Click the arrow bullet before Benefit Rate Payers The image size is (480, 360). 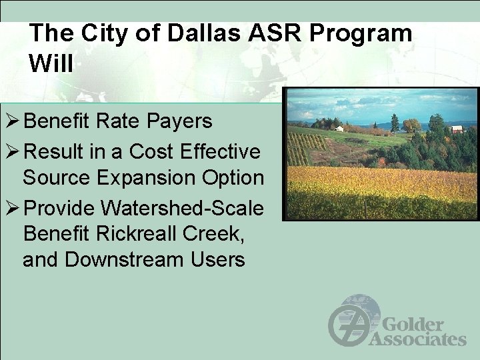click(x=11, y=121)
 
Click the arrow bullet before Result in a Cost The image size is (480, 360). click(x=11, y=152)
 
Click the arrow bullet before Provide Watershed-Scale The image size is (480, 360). click(x=11, y=209)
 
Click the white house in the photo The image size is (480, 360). click(x=339, y=128)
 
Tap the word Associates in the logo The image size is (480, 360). click(x=417, y=339)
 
